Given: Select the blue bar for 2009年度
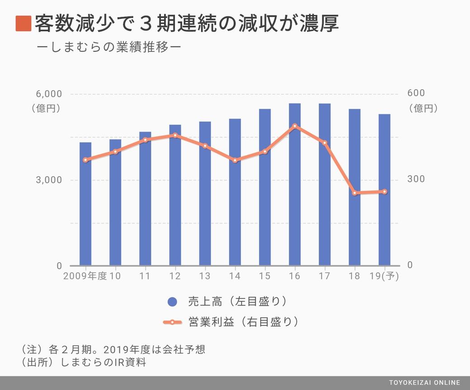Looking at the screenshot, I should pyautogui.click(x=85, y=204).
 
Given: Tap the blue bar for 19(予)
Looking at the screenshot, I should pyautogui.click(x=385, y=190).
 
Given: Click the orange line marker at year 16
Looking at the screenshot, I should pyautogui.click(x=295, y=126).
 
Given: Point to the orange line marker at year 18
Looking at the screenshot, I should pyautogui.click(x=355, y=193).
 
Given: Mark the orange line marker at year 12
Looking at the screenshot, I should pyautogui.click(x=175, y=135).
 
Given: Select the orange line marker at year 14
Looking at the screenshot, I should pyautogui.click(x=235, y=160).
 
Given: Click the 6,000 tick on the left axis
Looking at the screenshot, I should pyautogui.click(x=48, y=94).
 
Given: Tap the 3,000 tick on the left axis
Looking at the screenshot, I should pyautogui.click(x=48, y=180).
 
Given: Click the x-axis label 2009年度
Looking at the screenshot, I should pyautogui.click(x=85, y=276).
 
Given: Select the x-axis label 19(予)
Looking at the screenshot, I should pyautogui.click(x=385, y=276).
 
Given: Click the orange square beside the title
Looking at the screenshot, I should pyautogui.click(x=23, y=23).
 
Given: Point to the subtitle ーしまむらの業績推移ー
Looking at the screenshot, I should pyautogui.click(x=110, y=47).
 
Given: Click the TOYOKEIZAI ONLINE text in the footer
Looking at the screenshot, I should pyautogui.click(x=424, y=383).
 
